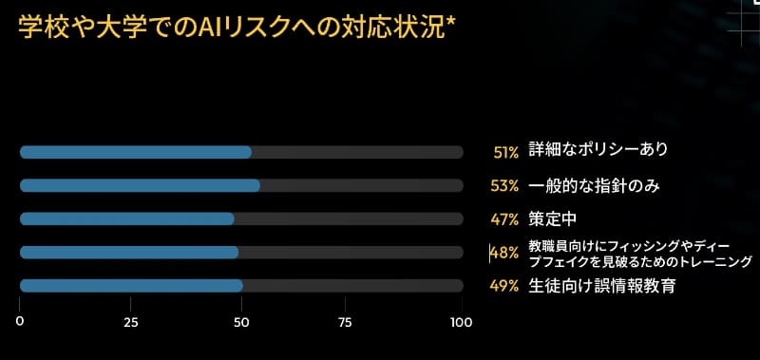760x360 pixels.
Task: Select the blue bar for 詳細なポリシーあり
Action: [x=135, y=152]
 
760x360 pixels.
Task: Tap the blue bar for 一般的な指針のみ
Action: [x=140, y=185]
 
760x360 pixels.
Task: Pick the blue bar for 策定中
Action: [x=126, y=218]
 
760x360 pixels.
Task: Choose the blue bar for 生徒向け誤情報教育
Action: [x=131, y=286]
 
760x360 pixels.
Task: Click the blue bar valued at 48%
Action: [x=128, y=252]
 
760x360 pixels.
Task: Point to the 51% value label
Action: [x=505, y=151]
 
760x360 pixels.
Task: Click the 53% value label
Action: [x=504, y=185]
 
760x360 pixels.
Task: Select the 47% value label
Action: [x=504, y=219]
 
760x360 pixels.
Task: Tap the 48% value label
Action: [x=504, y=253]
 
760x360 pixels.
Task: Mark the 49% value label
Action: [x=504, y=286]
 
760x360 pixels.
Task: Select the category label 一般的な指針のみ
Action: [x=594, y=185]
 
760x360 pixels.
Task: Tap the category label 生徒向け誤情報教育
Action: [x=601, y=286]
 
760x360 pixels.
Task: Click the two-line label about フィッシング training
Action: [x=639, y=254]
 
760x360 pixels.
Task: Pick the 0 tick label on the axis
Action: [x=19, y=322]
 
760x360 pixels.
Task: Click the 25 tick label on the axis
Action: [x=131, y=322]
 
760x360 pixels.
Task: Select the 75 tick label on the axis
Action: [x=351, y=322]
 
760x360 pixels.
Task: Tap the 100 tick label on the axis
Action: [x=462, y=322]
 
